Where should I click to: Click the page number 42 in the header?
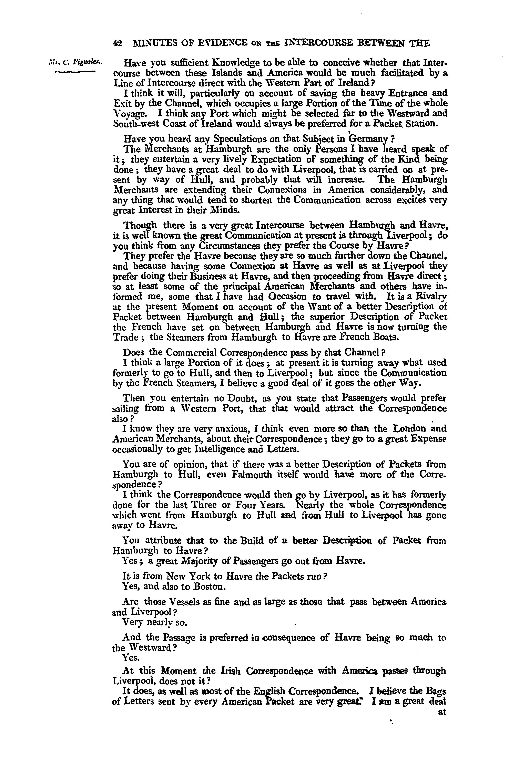117,43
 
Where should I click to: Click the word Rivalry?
432,297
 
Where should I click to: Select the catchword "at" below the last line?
442,713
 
